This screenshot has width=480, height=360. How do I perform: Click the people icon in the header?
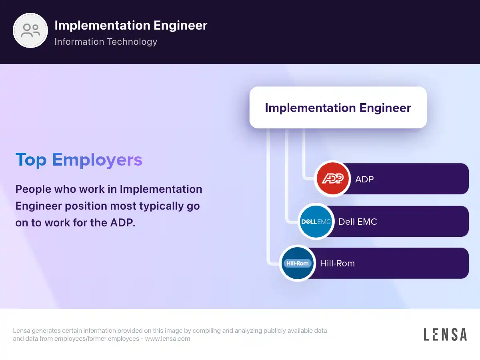pyautogui.click(x=30, y=30)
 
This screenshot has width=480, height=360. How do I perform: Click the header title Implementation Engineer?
pyautogui.click(x=131, y=25)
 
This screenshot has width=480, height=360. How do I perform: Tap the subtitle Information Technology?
pyautogui.click(x=106, y=42)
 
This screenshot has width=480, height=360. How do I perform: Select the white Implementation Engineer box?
pyautogui.click(x=338, y=108)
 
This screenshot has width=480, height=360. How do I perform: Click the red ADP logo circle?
pyautogui.click(x=333, y=178)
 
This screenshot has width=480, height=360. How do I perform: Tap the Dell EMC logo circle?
pyautogui.click(x=316, y=222)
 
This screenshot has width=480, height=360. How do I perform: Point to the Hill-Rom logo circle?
pyautogui.click(x=298, y=263)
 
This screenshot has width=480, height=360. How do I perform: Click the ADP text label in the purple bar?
pyautogui.click(x=364, y=179)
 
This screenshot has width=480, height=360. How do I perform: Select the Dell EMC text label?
pyautogui.click(x=358, y=222)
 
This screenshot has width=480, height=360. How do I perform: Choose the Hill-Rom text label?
pyautogui.click(x=337, y=263)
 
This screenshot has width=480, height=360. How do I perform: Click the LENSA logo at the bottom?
pyautogui.click(x=445, y=334)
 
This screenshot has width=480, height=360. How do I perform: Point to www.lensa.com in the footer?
pyautogui.click(x=168, y=338)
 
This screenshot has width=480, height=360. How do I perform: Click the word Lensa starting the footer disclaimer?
pyautogui.click(x=22, y=330)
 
